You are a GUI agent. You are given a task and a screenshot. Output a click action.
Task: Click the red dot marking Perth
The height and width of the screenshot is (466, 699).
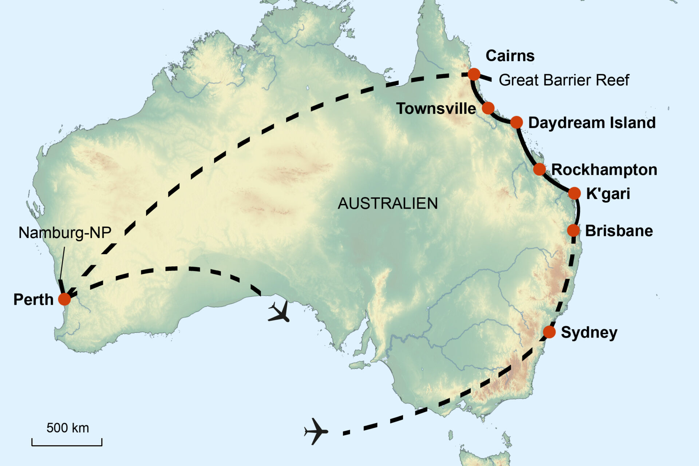click(64, 299)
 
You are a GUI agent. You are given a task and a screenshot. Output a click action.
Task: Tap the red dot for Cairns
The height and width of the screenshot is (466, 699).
click(474, 74)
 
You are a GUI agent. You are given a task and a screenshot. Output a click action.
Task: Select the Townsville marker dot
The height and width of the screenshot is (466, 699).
click(488, 108)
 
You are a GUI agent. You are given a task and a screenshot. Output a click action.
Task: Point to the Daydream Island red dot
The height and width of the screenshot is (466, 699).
click(516, 122)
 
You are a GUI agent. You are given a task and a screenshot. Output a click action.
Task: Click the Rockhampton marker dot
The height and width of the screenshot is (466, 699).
click(539, 169)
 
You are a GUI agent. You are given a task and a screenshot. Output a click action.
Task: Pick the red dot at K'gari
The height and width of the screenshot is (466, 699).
click(574, 193)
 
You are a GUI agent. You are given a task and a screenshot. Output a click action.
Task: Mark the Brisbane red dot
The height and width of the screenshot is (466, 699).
click(573, 230)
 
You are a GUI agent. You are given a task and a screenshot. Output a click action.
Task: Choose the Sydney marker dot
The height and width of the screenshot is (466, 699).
click(549, 332)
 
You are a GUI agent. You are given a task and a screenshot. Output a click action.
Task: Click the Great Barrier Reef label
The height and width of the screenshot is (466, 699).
click(564, 80)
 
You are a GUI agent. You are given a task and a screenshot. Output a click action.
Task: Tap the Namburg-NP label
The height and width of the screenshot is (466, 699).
click(65, 233)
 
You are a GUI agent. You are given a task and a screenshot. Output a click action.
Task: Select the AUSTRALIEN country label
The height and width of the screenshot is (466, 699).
click(388, 204)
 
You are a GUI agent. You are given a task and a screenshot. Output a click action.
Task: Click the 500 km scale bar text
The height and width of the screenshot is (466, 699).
click(68, 428)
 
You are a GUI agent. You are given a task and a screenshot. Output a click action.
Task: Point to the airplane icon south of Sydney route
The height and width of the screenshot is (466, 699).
click(316, 431)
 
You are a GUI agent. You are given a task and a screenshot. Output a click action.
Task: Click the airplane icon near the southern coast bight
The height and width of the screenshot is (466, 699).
click(280, 312)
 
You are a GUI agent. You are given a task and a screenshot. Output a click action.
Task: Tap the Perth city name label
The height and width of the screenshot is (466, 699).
click(33, 300)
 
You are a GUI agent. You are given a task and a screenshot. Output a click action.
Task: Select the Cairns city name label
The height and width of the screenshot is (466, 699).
click(510, 56)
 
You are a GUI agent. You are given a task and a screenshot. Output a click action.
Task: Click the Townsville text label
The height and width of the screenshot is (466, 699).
click(436, 108)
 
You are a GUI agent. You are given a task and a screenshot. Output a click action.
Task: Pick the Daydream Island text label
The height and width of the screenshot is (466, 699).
click(592, 123)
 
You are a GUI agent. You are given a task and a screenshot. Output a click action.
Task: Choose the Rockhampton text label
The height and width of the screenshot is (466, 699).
click(604, 170)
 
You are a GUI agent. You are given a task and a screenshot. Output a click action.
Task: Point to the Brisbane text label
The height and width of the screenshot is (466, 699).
click(619, 231)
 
